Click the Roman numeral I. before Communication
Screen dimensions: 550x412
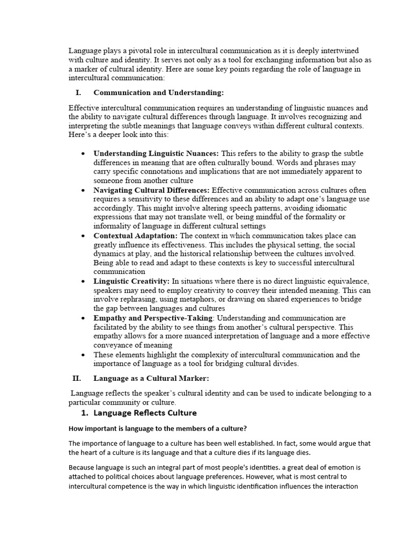point(78,92)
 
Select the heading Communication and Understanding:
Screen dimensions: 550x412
point(159,92)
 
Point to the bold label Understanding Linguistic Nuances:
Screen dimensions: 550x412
point(156,154)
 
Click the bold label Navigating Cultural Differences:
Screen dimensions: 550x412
point(152,190)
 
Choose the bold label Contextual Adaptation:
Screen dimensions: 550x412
point(136,236)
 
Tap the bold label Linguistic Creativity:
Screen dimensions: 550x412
point(132,281)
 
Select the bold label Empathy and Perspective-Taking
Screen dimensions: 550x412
point(153,318)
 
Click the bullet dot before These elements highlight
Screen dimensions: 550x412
point(83,355)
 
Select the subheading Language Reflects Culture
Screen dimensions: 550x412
point(145,413)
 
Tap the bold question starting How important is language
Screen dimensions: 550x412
point(157,429)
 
